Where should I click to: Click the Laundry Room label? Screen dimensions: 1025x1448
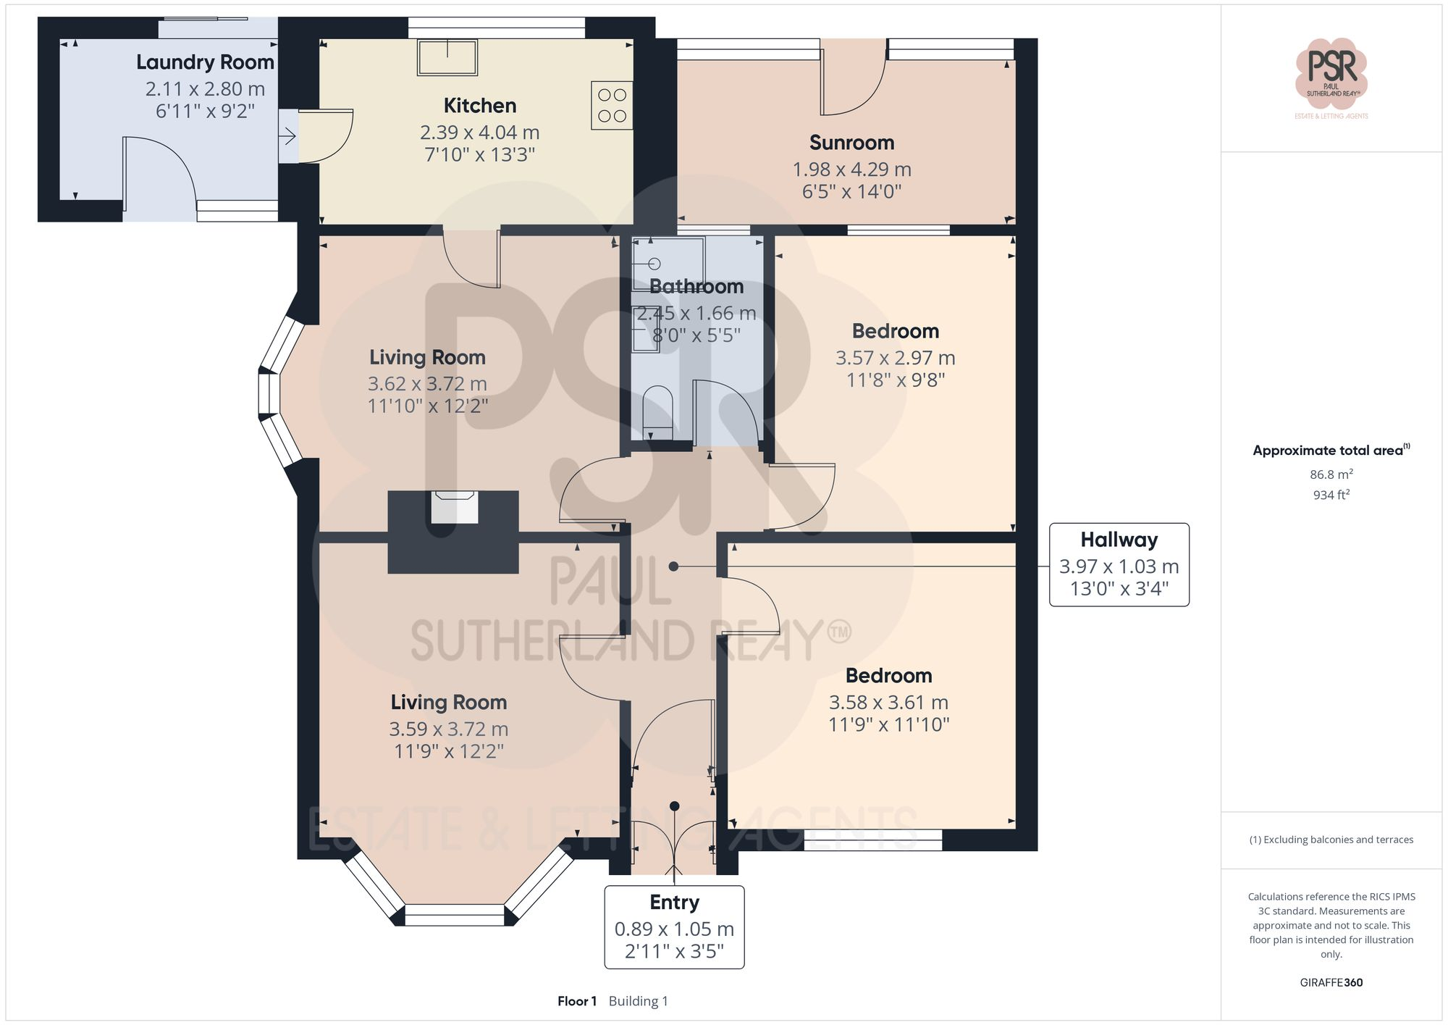tap(205, 62)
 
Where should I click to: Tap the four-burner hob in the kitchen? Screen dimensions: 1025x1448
tap(612, 106)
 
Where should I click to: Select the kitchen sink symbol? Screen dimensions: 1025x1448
tap(447, 57)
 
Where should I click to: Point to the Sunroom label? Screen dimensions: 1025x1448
tap(851, 143)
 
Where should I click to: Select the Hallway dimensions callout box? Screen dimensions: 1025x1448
tap(1119, 564)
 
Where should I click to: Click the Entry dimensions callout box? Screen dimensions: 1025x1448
tap(674, 926)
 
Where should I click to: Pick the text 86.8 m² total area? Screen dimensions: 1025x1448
tap(1331, 474)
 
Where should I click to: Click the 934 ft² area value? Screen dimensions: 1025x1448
tap(1331, 495)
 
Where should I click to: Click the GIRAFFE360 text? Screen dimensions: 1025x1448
tap(1331, 982)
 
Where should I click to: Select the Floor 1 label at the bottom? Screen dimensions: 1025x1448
tap(576, 1001)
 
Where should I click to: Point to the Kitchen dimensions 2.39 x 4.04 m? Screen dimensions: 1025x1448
tap(479, 133)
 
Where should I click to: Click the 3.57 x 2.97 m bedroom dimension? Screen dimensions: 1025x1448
tap(895, 358)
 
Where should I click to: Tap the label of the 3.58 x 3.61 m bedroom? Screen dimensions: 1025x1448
tap(888, 676)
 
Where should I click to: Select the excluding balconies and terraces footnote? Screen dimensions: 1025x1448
tap(1331, 840)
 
